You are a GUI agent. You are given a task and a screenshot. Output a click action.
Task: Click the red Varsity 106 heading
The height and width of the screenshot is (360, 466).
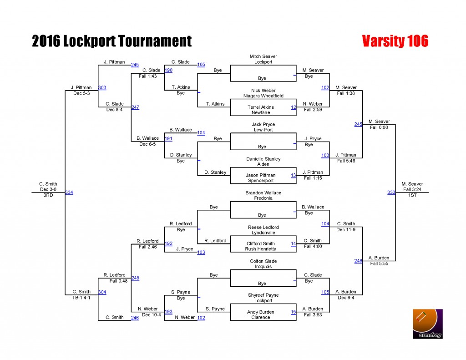pos(395,41)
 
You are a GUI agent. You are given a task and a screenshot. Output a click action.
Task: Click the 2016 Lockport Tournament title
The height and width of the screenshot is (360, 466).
pos(112,41)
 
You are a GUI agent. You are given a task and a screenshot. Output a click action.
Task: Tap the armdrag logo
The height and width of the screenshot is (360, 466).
pos(428,324)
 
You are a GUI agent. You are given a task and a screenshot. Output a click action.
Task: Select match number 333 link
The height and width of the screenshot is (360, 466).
pos(391,193)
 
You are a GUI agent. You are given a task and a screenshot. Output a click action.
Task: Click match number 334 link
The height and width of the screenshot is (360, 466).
pos(69,193)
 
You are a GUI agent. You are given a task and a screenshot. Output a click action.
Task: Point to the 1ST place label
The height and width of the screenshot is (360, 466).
pos(412,195)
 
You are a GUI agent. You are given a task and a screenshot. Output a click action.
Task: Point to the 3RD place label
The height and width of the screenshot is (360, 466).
pos(48,195)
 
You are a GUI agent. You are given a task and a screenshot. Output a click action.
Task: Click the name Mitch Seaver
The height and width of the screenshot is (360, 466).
pos(263,56)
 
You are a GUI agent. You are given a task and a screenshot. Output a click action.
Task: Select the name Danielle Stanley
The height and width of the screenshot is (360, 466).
pos(263,159)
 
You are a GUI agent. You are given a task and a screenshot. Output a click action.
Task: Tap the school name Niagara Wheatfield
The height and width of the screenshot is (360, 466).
pos(263,96)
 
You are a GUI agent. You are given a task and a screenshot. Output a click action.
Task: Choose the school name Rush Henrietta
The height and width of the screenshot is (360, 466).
pos(261,249)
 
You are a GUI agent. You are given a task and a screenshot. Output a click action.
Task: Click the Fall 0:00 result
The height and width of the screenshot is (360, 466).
pos(379,127)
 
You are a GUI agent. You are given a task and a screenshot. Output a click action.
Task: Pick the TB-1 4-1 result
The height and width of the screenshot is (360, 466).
pos(81,297)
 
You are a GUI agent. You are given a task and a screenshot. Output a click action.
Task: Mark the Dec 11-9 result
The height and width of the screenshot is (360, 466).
pos(346,229)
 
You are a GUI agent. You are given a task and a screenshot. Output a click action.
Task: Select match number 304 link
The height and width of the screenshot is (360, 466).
pos(102,292)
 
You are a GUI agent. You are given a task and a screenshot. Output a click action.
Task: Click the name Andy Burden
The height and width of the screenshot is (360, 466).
pos(261,312)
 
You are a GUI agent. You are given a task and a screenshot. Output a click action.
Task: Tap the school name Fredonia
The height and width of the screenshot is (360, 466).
pos(263,198)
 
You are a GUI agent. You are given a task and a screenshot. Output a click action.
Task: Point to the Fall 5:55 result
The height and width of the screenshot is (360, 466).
pos(379,264)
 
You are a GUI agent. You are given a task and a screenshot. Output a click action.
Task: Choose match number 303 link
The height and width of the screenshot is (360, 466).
pos(102,87)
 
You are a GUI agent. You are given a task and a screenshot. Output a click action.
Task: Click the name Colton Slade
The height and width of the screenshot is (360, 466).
pos(263,261)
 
